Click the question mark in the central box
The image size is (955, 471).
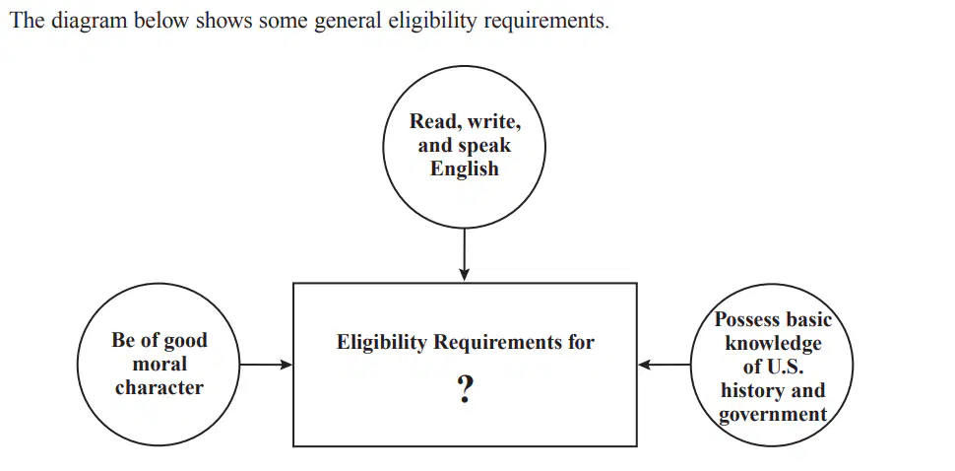pos(465,389)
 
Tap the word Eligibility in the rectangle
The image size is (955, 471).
pos(382,343)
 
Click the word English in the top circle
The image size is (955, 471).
pos(464,168)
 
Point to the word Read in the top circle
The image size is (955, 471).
pos(432,121)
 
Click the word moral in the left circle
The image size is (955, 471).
pos(159,365)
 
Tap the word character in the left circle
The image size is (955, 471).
pos(159,387)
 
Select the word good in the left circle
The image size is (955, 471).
pos(184,341)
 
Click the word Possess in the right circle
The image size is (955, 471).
pos(746,319)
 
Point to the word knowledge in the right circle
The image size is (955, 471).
pos(773,343)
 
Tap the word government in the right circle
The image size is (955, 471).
pos(773,414)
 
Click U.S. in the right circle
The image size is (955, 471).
pos(785,368)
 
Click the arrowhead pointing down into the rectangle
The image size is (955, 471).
pos(464,275)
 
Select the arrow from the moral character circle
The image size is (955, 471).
pos(266,365)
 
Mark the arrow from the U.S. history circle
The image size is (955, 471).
pos(665,365)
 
